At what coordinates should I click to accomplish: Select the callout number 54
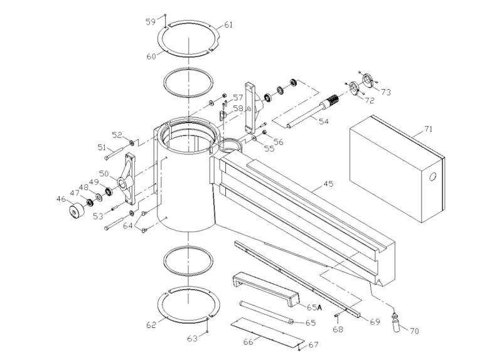324,121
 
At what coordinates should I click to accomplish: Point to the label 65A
314,307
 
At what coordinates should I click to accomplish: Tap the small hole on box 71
432,177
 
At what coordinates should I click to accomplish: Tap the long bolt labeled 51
114,151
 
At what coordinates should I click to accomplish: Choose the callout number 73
385,92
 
